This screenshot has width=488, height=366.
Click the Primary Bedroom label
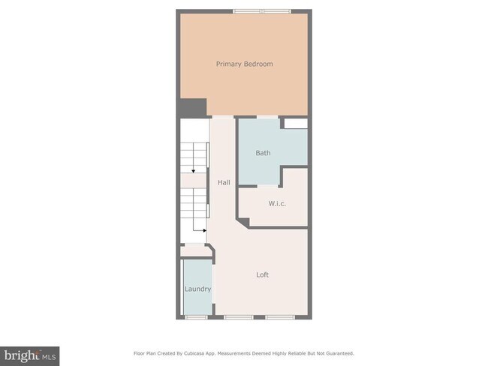click(244, 64)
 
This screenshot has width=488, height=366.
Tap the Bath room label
click(263, 153)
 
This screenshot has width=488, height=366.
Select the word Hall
click(224, 182)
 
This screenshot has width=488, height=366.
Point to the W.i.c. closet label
click(278, 203)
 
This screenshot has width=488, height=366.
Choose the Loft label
click(262, 274)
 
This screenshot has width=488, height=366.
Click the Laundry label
click(197, 289)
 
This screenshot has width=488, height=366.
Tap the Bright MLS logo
click(30, 354)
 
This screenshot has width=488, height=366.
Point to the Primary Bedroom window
click(262, 10)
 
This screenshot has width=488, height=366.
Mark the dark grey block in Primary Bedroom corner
click(192, 108)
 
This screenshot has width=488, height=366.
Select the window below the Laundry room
click(197, 317)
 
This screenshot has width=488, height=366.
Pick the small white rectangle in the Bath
click(295, 123)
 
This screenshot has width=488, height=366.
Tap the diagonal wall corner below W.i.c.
click(242, 221)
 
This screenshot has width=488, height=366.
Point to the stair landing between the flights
click(194, 181)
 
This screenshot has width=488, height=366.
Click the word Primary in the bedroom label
click(228, 64)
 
